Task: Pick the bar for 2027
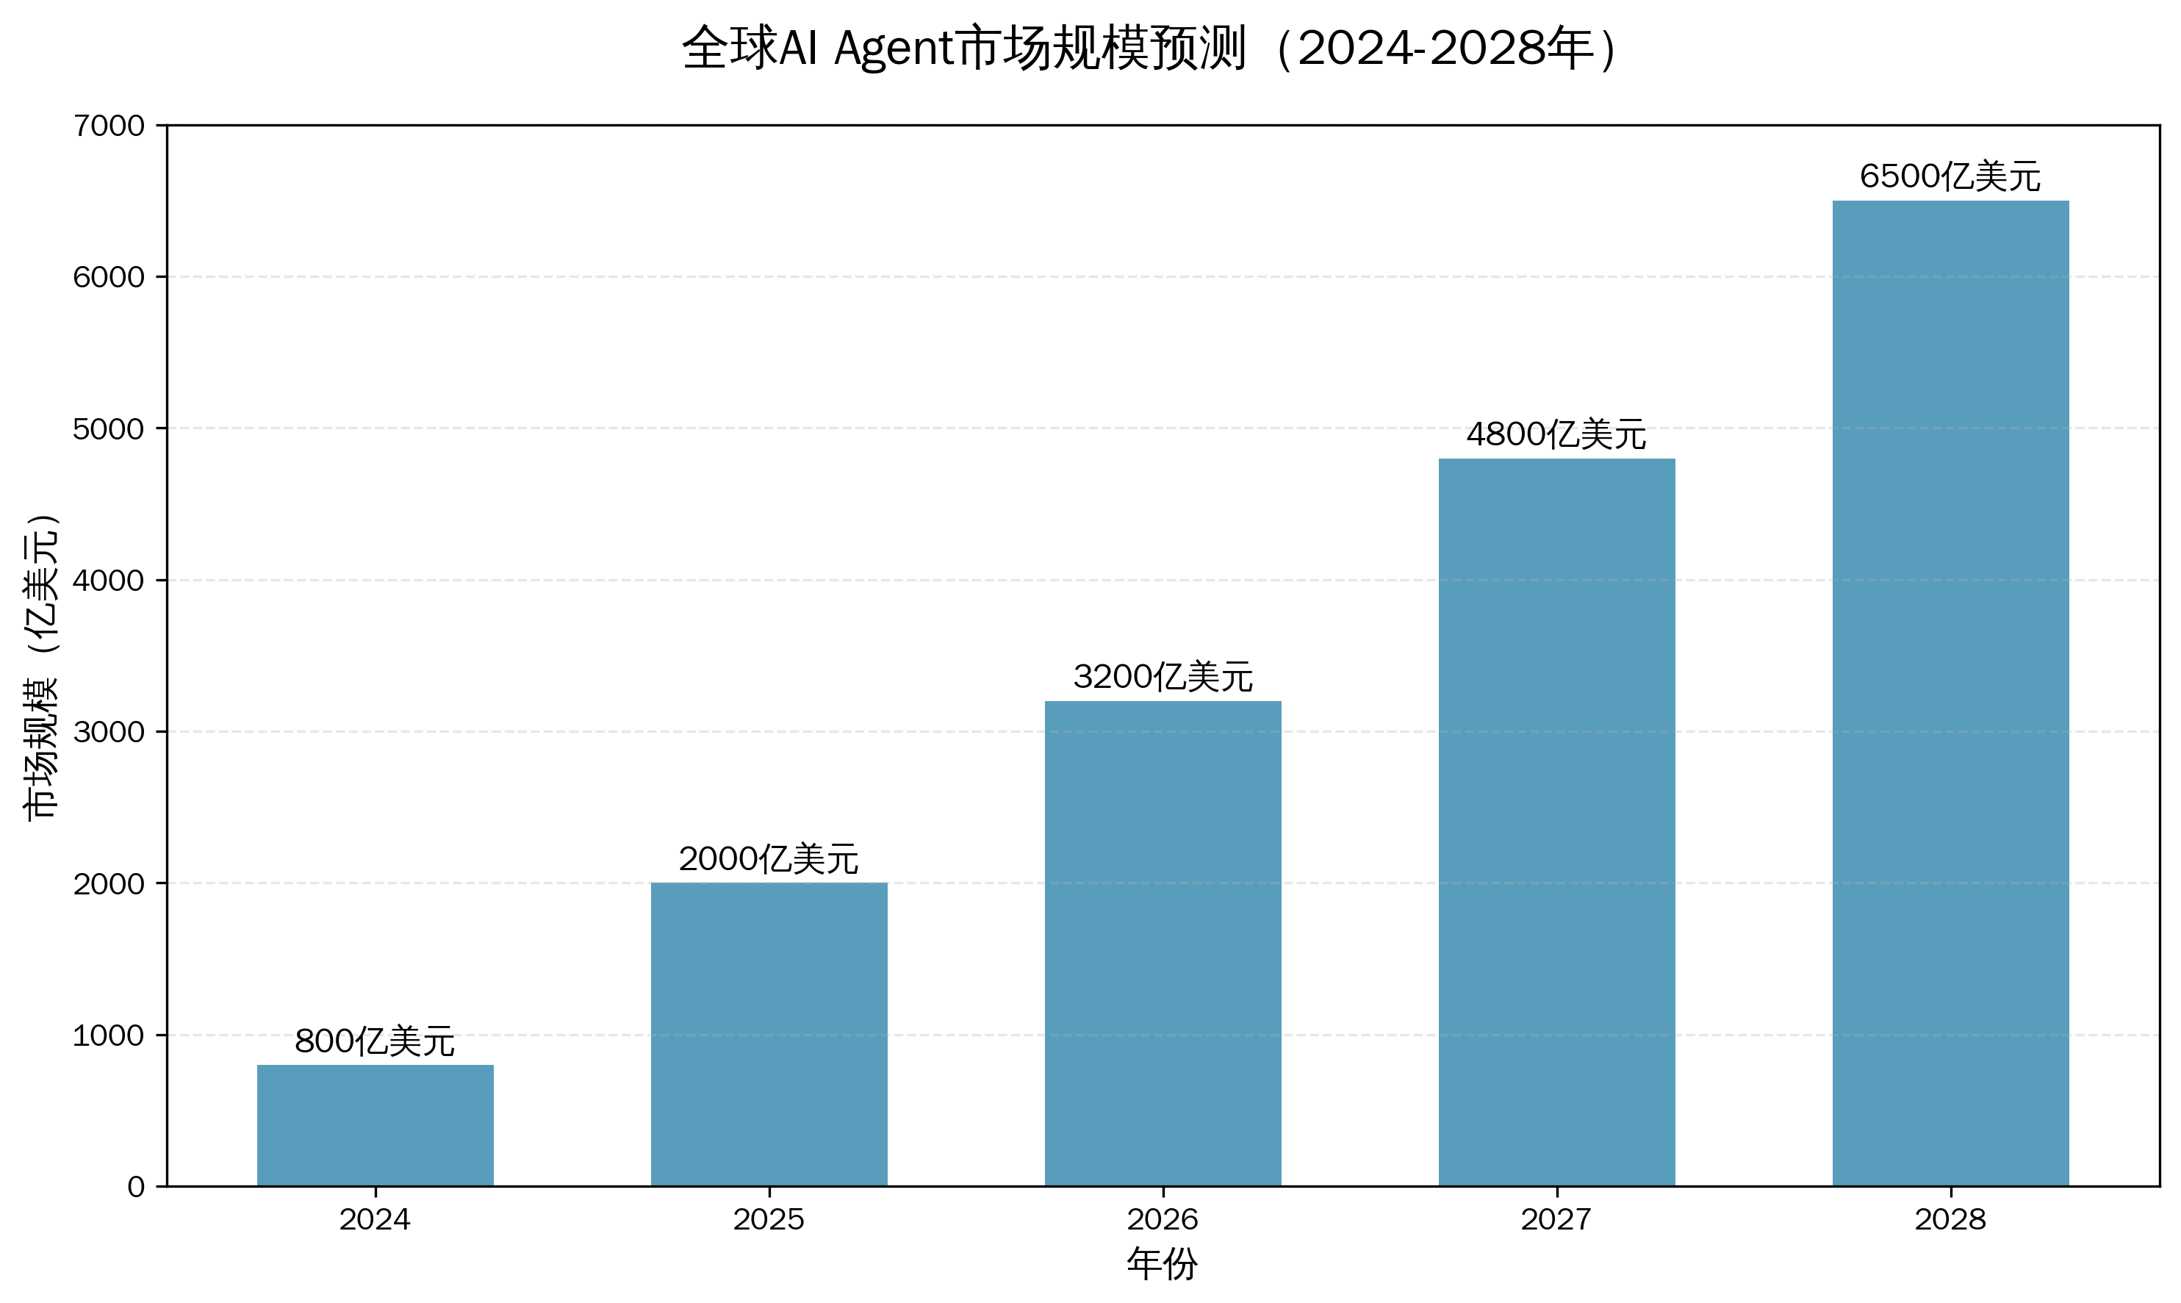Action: tap(1556, 822)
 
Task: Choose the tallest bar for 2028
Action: tap(1950, 693)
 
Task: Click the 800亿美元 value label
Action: tap(375, 1041)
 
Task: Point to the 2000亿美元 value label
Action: tap(769, 858)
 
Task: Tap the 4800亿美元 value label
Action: tap(1556, 434)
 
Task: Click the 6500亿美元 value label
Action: tap(1950, 176)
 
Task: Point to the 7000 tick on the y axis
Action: tap(109, 126)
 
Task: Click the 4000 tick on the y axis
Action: tap(109, 581)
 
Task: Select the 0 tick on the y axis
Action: tap(136, 1187)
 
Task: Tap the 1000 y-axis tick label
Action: tap(109, 1035)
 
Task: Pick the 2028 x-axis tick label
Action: tap(1950, 1219)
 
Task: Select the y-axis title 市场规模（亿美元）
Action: tap(40, 667)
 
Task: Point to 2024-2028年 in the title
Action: tap(1445, 49)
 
